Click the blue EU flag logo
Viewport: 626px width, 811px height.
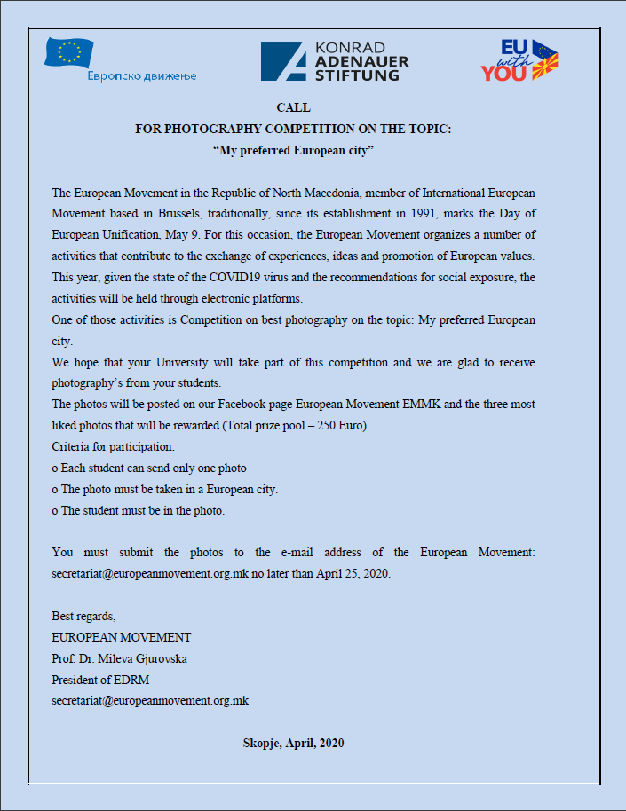coord(69,52)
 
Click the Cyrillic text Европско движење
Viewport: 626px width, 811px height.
coord(142,75)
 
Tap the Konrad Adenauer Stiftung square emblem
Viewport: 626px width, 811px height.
coord(283,61)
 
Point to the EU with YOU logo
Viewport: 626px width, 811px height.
coord(519,60)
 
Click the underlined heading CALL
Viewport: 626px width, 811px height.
coord(293,107)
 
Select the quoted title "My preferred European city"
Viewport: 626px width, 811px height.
coord(293,150)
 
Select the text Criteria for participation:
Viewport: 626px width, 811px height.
coord(113,446)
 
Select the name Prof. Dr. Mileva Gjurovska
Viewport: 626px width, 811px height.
coord(120,658)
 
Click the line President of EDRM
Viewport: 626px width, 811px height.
coord(100,680)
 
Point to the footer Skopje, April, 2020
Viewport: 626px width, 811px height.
coord(293,743)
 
